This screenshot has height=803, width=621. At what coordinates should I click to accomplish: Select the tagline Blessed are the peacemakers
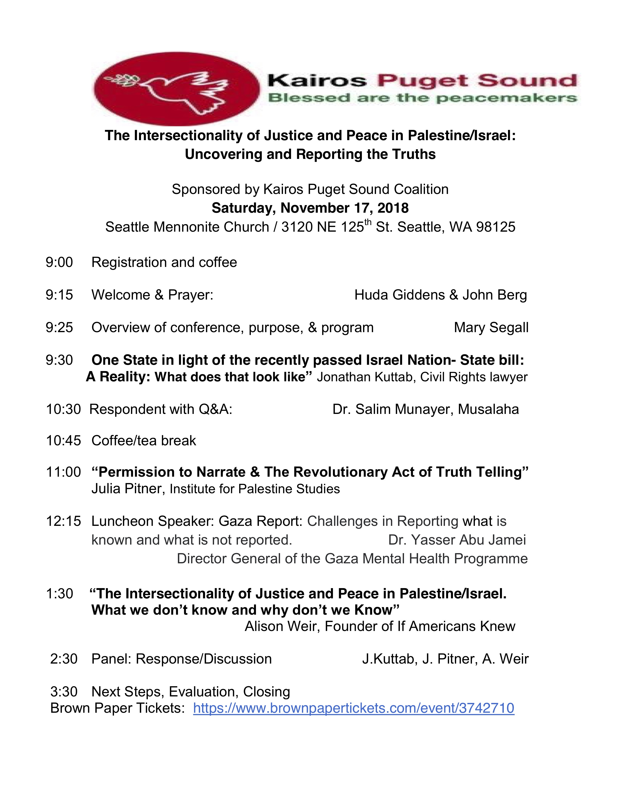click(x=422, y=98)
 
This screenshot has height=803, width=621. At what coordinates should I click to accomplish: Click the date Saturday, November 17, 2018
click(x=310, y=208)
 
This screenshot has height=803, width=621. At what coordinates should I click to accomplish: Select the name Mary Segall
click(x=491, y=328)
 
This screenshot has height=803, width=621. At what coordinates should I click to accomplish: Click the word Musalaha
click(x=488, y=409)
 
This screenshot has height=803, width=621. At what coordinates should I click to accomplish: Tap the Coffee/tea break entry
click(x=143, y=440)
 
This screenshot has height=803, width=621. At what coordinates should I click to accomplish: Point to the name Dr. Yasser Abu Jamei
click(x=457, y=540)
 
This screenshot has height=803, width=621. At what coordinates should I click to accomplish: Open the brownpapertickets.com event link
click(x=354, y=708)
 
